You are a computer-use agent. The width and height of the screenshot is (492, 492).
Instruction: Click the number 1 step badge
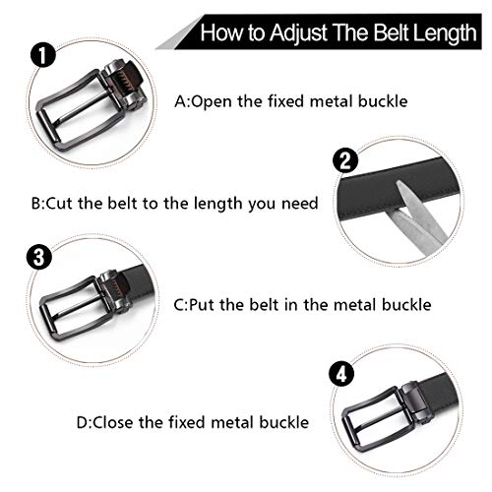43,56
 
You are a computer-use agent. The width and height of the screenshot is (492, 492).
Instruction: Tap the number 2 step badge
345,160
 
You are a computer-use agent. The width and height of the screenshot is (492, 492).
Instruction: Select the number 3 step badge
39,257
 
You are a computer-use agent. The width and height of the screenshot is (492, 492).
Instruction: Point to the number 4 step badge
341,374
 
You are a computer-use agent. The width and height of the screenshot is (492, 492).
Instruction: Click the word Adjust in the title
298,32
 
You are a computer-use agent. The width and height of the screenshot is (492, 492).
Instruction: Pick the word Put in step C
202,305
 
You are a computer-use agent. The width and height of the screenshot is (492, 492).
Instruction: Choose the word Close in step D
113,422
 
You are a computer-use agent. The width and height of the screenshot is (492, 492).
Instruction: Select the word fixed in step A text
286,101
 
